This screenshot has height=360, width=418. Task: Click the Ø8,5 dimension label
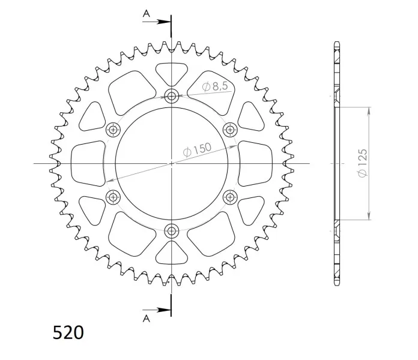click(215, 86)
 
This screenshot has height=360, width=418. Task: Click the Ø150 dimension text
click(197, 149)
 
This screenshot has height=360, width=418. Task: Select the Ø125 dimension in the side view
click(363, 163)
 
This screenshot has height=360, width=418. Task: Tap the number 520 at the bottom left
click(68, 332)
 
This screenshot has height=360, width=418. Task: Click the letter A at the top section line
click(147, 13)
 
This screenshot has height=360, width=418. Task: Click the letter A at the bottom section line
click(147, 318)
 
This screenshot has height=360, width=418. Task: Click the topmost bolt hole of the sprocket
click(171, 95)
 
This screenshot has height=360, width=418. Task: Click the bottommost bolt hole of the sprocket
click(171, 230)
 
